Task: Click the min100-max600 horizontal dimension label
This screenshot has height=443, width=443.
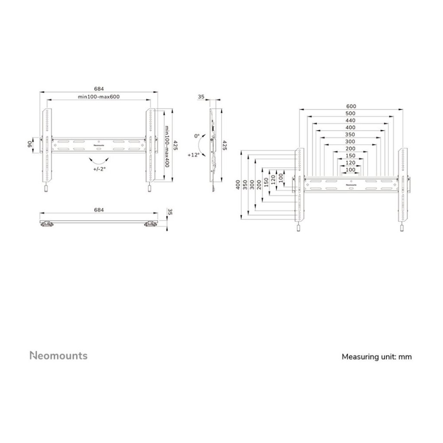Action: tap(99, 97)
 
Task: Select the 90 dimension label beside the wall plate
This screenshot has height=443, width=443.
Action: tap(30, 144)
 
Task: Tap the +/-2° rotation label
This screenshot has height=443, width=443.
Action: tap(99, 169)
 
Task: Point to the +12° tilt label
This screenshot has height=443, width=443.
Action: tap(194, 155)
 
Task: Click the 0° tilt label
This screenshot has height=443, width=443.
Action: tap(197, 136)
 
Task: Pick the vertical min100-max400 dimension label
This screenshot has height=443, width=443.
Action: tap(167, 146)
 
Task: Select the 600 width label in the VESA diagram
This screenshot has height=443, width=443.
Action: tap(351, 106)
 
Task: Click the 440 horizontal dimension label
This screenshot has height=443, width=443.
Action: tap(350, 120)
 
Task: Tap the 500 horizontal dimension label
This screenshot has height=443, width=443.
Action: tap(350, 113)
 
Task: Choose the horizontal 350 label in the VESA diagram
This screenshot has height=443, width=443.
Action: tap(350, 135)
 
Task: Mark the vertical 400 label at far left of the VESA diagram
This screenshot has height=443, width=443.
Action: tap(238, 185)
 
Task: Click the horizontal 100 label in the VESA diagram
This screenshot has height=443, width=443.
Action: tap(350, 170)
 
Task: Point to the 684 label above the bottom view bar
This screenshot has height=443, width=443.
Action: tap(99, 210)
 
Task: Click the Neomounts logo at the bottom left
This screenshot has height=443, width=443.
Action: tap(58, 355)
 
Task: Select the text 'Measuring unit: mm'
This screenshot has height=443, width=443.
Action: tap(377, 357)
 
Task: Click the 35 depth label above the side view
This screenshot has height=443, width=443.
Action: tap(201, 97)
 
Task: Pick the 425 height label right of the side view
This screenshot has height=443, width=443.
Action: tap(224, 145)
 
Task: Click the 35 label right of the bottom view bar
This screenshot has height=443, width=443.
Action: tap(170, 212)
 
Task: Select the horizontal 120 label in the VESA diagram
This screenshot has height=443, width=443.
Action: tap(350, 163)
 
